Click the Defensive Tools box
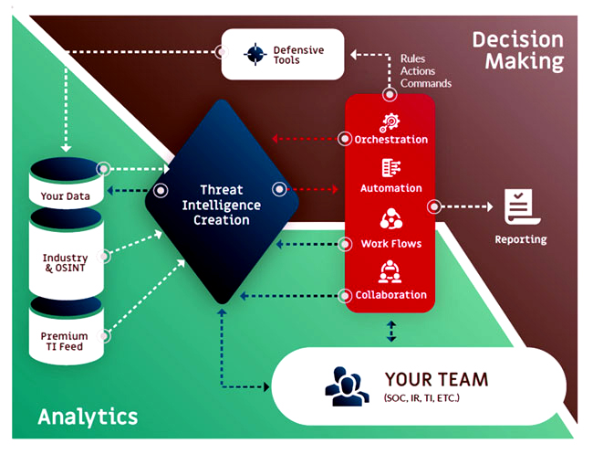click(x=283, y=54)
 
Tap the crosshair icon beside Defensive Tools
click(x=255, y=54)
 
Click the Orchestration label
click(x=390, y=140)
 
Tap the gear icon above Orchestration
click(x=390, y=120)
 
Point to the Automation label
click(x=390, y=188)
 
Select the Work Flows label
click(x=390, y=244)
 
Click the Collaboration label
click(x=390, y=295)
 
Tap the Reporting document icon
click(x=521, y=207)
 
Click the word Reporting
click(x=521, y=239)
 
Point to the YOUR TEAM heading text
click(x=435, y=378)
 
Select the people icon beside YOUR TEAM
click(x=348, y=385)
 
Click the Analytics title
click(x=88, y=417)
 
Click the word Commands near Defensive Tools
click(x=425, y=83)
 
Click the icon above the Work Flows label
click(x=390, y=220)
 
